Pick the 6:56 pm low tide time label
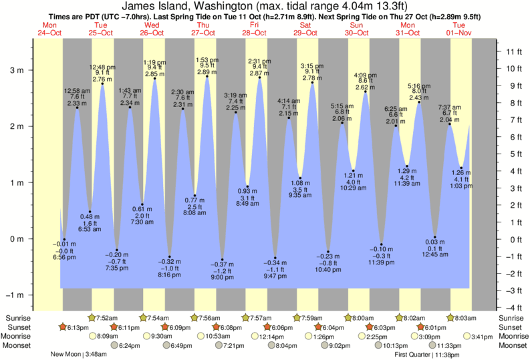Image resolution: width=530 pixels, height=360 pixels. pos(64,257)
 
